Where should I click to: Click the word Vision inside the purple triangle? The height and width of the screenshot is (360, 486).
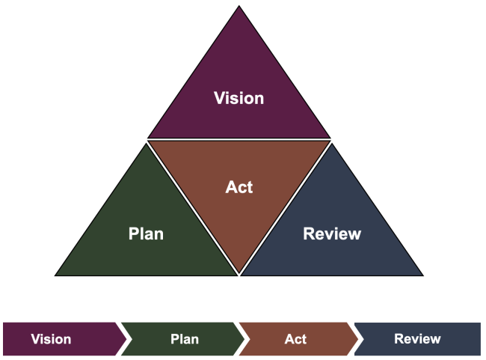[239, 98]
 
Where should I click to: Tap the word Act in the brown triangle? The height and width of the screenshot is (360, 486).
[239, 186]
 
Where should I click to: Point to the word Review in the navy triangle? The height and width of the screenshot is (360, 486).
[332, 234]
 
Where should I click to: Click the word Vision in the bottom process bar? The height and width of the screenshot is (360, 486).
[51, 339]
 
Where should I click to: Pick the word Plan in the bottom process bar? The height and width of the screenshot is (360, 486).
[184, 339]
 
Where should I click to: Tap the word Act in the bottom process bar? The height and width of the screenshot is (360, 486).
[295, 339]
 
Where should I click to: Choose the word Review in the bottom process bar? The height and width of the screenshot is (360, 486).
[417, 339]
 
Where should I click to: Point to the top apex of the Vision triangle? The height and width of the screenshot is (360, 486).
[239, 7]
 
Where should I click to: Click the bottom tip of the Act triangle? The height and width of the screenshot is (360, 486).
[239, 274]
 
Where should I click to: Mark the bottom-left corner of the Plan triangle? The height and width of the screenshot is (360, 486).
[56, 275]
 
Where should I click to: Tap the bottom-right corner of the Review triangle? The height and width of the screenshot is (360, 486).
[422, 275]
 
